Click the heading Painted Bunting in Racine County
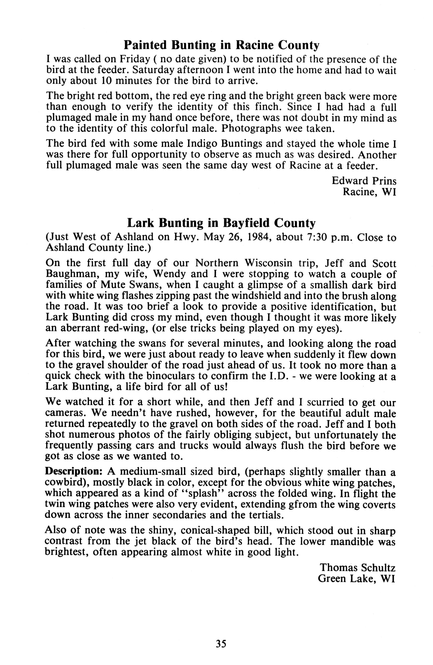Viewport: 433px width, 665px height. click(x=221, y=45)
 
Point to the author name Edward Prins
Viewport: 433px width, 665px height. click(x=364, y=181)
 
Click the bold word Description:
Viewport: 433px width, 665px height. click(x=74, y=472)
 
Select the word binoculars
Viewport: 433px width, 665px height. click(x=168, y=376)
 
